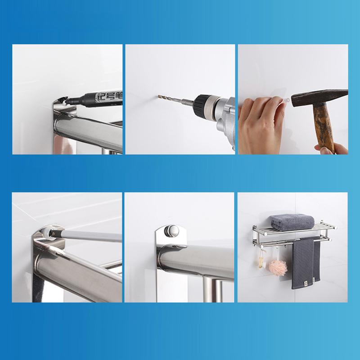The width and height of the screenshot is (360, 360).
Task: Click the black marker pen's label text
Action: coord(109,95)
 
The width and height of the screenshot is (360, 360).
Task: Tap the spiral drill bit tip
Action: coord(158,96)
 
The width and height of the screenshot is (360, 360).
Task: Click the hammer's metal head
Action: coord(319,98)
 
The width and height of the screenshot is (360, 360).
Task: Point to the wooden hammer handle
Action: coord(323,126)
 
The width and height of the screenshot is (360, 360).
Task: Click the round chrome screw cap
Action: coord(172,231)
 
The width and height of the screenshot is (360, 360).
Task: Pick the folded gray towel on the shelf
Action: coord(292,222)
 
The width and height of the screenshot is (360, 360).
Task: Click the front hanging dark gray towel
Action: coord(303,264)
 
